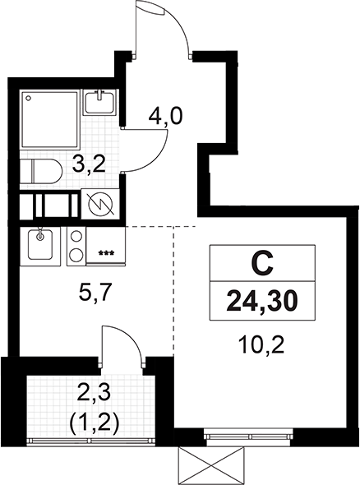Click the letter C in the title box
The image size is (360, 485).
click(x=261, y=265)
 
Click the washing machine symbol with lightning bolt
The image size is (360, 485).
click(x=99, y=202)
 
